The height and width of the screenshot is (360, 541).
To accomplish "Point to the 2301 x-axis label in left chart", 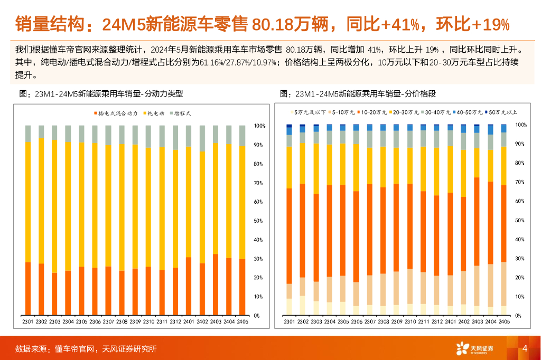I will point(28,321).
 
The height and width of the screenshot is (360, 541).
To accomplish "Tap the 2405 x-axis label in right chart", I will point(503,321).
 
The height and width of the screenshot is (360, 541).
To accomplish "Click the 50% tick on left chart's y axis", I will point(259,221).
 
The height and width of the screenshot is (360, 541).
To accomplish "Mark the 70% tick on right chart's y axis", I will point(521,182).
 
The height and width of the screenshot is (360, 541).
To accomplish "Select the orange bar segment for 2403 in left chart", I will point(216,285).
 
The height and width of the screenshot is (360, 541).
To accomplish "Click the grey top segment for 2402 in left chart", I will point(202,138).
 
